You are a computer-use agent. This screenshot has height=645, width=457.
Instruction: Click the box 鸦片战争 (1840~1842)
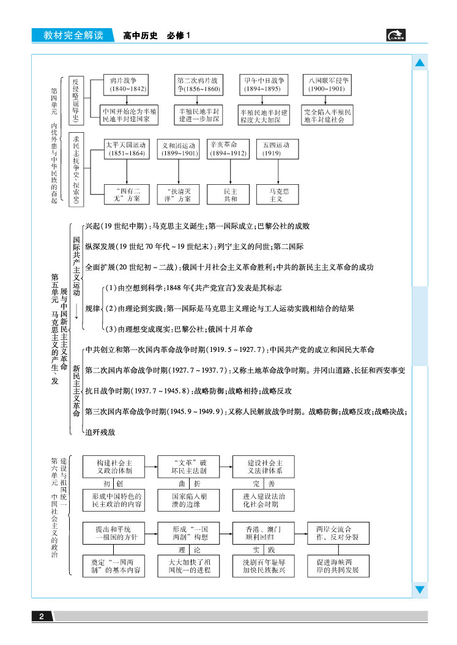[127, 85]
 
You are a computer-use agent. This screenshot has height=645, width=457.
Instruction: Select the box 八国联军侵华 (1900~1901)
[328, 85]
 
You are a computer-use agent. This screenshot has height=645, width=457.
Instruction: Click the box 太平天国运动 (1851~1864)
[126, 150]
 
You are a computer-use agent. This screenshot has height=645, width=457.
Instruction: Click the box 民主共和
[231, 195]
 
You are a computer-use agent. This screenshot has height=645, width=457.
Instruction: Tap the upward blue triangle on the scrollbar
[420, 63]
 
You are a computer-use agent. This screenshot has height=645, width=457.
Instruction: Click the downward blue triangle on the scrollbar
[420, 589]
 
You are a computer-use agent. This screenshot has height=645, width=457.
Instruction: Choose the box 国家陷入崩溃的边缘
[188, 500]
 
